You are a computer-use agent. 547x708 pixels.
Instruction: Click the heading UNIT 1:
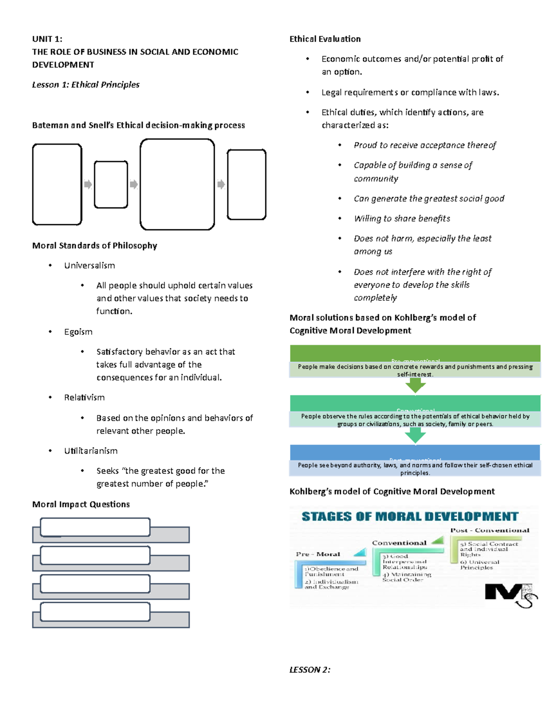pyautogui.click(x=47, y=39)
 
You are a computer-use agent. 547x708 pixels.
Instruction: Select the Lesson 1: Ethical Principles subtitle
pyautogui.click(x=86, y=84)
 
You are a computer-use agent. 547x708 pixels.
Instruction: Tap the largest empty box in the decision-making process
pyautogui.click(x=177, y=184)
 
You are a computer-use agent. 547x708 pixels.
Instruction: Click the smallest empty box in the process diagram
pyautogui.click(x=111, y=184)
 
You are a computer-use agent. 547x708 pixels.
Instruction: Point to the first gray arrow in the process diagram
pyautogui.click(x=88, y=184)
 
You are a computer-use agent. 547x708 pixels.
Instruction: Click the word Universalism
pyautogui.click(x=89, y=265)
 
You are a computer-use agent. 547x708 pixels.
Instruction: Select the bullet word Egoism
pyautogui.click(x=78, y=331)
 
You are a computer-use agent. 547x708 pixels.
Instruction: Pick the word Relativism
pyautogui.click(x=84, y=397)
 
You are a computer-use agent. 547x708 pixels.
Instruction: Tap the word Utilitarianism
pyautogui.click(x=91, y=450)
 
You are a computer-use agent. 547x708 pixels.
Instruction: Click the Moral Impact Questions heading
pyautogui.click(x=81, y=504)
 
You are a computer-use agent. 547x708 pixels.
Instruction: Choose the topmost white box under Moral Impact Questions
pyautogui.click(x=95, y=527)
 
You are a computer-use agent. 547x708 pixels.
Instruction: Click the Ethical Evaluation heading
pyautogui.click(x=325, y=39)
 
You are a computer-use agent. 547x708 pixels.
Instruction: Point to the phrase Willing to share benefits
pyautogui.click(x=402, y=218)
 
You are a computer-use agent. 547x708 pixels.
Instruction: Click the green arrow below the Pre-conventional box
pyautogui.click(x=415, y=386)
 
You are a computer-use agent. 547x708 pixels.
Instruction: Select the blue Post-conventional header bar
pyautogui.click(x=415, y=452)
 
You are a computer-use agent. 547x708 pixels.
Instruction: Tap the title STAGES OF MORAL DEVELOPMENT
pyautogui.click(x=410, y=516)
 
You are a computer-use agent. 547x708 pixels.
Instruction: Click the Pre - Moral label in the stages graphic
pyautogui.click(x=318, y=554)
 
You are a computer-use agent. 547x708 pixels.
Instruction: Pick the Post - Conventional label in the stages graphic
pyautogui.click(x=490, y=530)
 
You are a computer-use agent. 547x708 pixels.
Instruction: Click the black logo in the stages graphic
pyautogui.click(x=508, y=594)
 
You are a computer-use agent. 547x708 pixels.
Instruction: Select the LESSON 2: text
pyautogui.click(x=310, y=669)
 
